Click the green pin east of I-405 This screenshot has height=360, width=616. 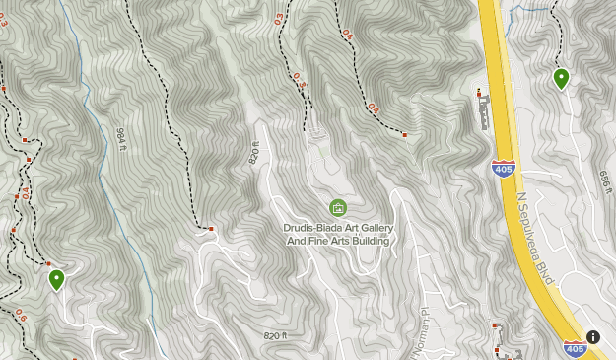tap(561, 78)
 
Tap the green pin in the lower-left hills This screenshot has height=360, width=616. tap(56, 279)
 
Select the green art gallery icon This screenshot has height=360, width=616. tap(338, 207)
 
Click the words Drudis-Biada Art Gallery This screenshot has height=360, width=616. tap(338, 227)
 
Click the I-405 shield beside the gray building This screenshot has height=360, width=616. tap(502, 169)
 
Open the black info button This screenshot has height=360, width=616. tap(593, 337)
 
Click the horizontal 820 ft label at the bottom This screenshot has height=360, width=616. tap(275, 336)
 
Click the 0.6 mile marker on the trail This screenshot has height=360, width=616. tap(21, 316)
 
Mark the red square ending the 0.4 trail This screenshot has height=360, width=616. tap(404, 134)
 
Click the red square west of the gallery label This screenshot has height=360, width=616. tap(211, 229)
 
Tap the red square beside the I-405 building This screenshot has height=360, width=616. tap(478, 94)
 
